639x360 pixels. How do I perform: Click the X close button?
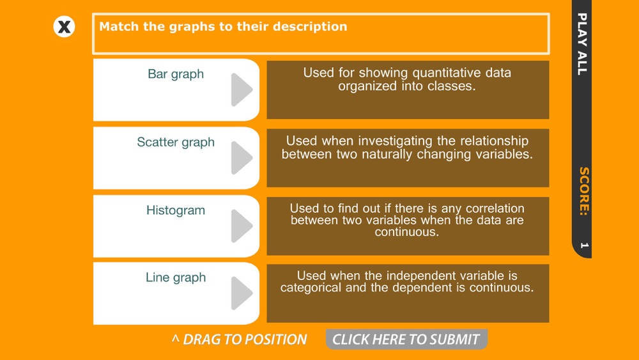point(64,27)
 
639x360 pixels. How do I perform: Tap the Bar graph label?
point(176,74)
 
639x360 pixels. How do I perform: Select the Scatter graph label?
point(176,143)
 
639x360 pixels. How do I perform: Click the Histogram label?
point(176,210)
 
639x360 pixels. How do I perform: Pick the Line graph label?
point(176,278)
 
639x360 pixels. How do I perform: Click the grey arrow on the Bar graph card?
point(242,90)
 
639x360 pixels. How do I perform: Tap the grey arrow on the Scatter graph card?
point(242,158)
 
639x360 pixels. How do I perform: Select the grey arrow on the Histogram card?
point(242,226)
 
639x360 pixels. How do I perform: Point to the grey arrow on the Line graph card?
point(242,293)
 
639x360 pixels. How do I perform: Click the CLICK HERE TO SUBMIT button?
point(406,339)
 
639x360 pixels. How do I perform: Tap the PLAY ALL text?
point(582,44)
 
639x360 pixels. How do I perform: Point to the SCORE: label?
point(583,191)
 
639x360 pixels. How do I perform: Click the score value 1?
point(584,246)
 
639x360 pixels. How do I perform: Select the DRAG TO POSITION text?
point(239,339)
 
